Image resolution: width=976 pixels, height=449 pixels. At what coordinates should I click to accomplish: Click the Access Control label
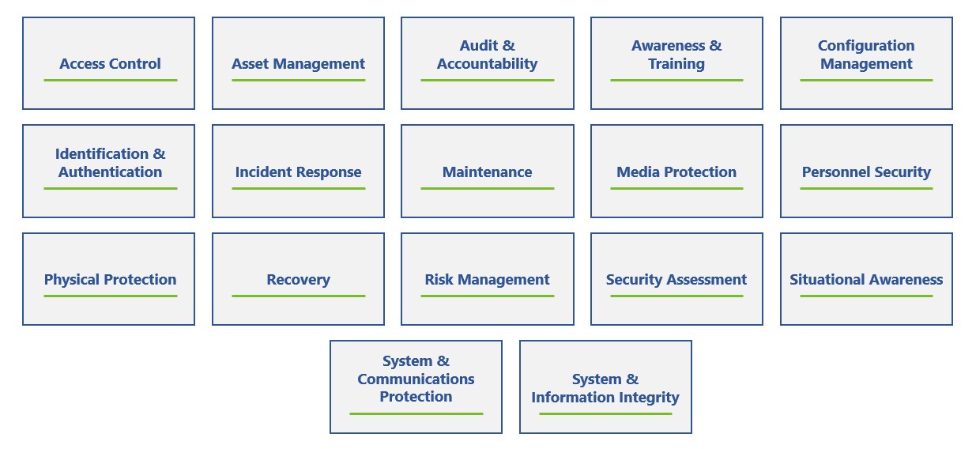[110, 64]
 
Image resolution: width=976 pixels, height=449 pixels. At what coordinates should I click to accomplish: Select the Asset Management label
[299, 64]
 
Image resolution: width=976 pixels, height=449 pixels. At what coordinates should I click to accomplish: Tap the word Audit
[478, 45]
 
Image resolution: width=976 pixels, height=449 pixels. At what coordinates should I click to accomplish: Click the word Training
[676, 64]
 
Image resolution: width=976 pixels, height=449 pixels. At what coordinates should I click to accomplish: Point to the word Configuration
[866, 46]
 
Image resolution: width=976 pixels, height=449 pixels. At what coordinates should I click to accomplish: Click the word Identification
[102, 153]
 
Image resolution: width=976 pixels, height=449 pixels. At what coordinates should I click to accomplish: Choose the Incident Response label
[299, 172]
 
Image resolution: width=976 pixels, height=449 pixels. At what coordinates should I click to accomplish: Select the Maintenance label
[487, 172]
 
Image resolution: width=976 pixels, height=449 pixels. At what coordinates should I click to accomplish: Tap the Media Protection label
[676, 172]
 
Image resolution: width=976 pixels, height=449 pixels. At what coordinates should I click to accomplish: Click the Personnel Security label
[866, 172]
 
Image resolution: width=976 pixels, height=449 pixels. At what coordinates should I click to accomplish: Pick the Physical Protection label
[110, 279]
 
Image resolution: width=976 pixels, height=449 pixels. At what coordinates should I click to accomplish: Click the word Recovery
[299, 280]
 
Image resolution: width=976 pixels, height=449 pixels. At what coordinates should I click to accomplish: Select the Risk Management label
[487, 280]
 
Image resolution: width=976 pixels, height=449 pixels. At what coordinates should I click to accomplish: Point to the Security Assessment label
[676, 280]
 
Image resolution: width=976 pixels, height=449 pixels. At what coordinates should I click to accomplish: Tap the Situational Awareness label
[866, 279]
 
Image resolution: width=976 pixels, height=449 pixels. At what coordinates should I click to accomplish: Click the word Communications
[416, 379]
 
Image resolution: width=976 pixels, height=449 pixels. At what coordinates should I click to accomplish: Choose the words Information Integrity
[605, 398]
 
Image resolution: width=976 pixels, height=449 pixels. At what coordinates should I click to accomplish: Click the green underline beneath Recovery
[299, 296]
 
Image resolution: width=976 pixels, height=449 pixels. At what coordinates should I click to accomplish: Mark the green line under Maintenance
[487, 188]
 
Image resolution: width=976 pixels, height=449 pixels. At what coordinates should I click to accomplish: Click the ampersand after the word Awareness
[715, 45]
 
